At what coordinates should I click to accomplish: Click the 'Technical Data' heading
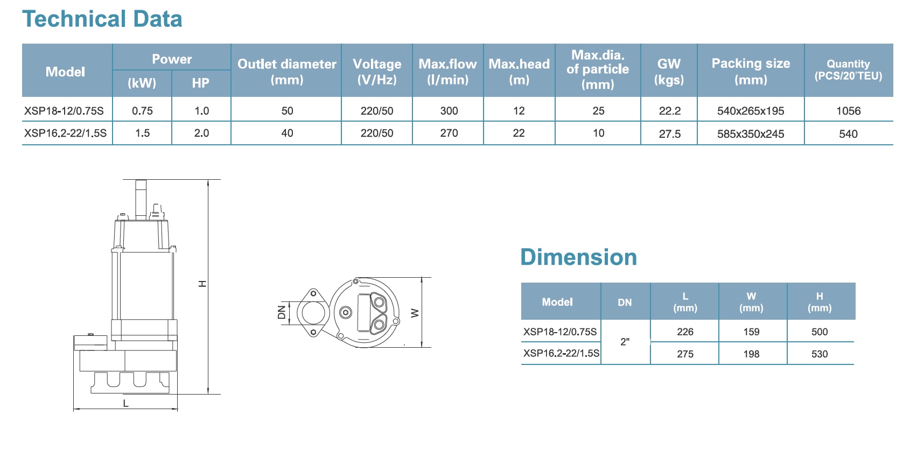(x=102, y=19)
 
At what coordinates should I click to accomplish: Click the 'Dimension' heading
(x=579, y=257)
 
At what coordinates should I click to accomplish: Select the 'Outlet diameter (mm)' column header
(x=287, y=72)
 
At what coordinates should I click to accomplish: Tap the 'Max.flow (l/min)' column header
(x=448, y=72)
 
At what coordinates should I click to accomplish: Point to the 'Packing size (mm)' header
(x=751, y=72)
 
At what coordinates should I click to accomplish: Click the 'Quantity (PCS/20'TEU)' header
(x=848, y=70)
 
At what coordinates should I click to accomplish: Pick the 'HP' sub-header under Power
(x=201, y=83)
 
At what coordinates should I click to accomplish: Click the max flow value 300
(x=449, y=111)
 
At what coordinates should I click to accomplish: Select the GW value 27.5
(x=670, y=134)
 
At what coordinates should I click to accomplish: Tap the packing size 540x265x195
(x=751, y=111)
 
